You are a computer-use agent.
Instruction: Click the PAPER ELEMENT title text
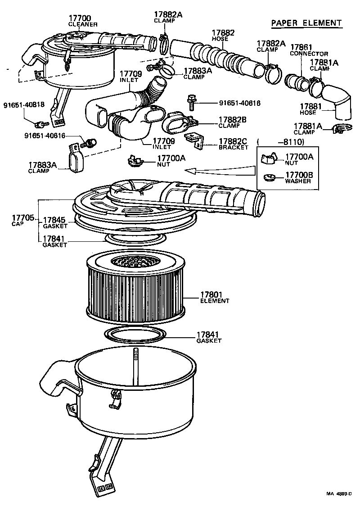tap(306, 23)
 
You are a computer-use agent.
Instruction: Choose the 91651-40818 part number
tap(24, 104)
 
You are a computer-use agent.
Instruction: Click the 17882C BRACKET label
tap(233, 144)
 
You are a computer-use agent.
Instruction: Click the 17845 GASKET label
tap(54, 222)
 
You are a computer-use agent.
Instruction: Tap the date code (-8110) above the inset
tap(282, 142)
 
